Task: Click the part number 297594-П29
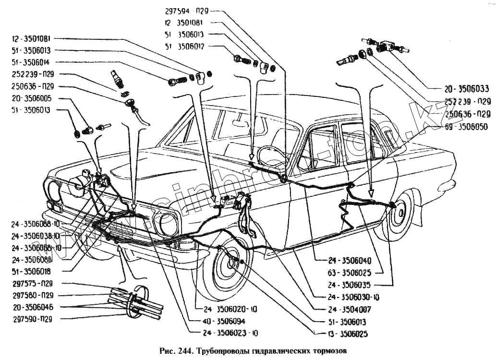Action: coord(186,11)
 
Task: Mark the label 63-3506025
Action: coord(350,273)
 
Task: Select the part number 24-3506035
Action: coord(350,284)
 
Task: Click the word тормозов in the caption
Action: coord(325,350)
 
